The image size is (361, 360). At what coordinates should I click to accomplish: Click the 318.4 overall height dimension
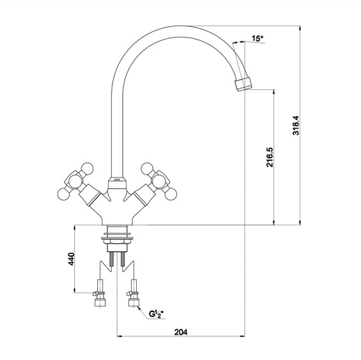296,125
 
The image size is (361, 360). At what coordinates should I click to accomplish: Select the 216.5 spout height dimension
270,157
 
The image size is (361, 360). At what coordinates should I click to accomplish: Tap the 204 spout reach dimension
181,332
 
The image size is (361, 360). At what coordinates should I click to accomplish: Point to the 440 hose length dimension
72,259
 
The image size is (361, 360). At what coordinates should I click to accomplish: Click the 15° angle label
257,38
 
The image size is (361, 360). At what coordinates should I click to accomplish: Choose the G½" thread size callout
156,314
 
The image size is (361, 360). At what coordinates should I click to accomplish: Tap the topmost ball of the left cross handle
88,169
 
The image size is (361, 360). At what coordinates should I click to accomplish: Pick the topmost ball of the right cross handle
147,169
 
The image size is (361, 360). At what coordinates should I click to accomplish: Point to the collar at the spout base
117,183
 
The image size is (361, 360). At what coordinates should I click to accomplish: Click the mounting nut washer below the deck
118,238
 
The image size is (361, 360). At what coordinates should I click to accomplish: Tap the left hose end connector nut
100,303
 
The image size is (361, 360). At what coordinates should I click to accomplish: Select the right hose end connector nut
134,303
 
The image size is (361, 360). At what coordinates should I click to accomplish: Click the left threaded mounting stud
112,259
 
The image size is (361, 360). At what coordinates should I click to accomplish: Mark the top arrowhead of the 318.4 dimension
300,28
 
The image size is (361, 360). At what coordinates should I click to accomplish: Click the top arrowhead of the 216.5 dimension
273,92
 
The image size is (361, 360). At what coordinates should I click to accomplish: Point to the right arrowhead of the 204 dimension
242,336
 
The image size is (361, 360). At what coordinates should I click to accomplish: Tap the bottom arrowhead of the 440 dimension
74,290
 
